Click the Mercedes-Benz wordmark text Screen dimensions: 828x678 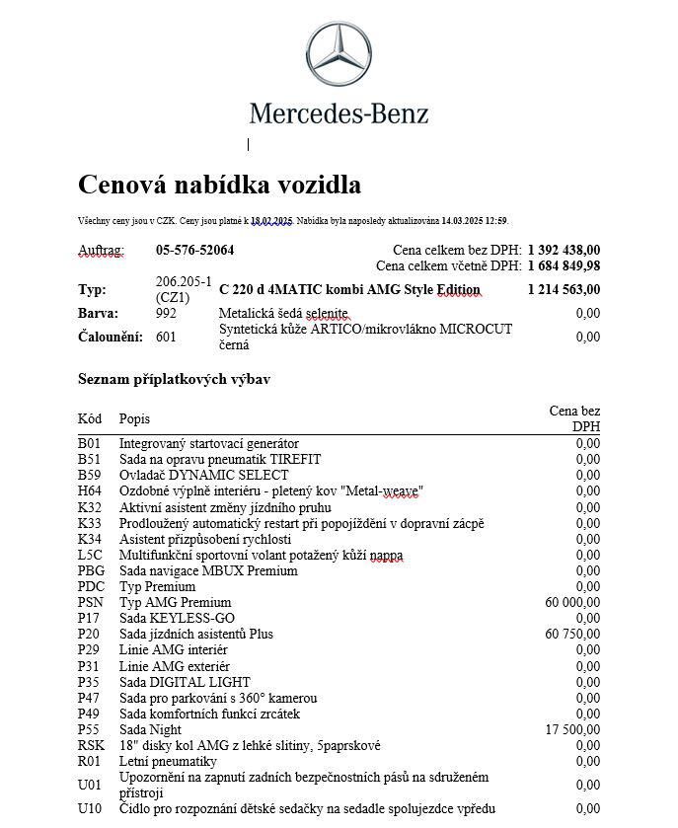[339, 113]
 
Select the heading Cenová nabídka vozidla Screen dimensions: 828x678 [219, 185]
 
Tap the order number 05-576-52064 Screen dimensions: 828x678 [194, 250]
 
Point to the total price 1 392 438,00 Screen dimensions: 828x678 [564, 250]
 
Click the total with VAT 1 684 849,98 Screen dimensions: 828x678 [564, 265]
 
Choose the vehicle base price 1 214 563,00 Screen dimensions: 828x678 [564, 289]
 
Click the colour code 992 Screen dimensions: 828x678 [168, 313]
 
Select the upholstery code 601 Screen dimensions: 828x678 [168, 337]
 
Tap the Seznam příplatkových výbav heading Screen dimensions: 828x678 [174, 379]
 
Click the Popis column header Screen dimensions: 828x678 [134, 418]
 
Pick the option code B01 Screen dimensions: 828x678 [89, 443]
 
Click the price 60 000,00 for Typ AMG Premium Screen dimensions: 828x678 [572, 602]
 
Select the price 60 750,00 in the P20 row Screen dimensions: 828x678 [572, 634]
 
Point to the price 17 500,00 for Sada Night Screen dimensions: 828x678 [572, 729]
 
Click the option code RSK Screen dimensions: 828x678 [90, 745]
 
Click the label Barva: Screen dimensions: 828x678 [98, 313]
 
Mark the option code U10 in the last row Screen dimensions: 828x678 [89, 809]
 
